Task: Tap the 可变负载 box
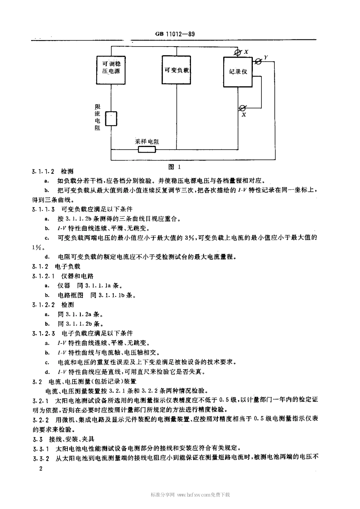(x=177, y=70)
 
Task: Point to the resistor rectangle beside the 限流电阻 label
(x=111, y=119)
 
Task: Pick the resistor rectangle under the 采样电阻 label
(x=147, y=149)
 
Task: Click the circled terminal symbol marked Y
(x=258, y=61)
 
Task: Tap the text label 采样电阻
(x=147, y=141)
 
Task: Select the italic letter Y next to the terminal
(x=266, y=57)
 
